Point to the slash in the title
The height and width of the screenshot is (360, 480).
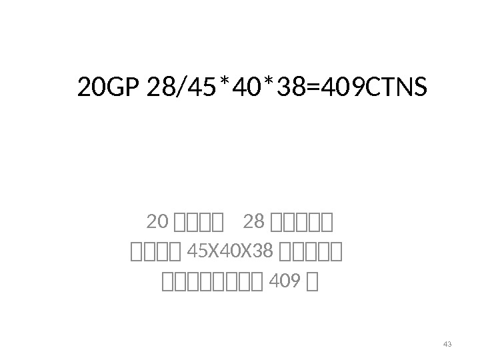coord(176,88)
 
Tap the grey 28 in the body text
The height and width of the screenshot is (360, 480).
coord(255,221)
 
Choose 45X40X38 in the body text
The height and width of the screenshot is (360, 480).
coord(231,252)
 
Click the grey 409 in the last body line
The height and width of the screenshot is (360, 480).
coord(279,284)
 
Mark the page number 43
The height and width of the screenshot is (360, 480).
coord(447,344)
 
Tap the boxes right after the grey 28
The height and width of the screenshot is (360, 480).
coord(303,221)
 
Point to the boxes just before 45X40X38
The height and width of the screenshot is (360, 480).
coord(156,252)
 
